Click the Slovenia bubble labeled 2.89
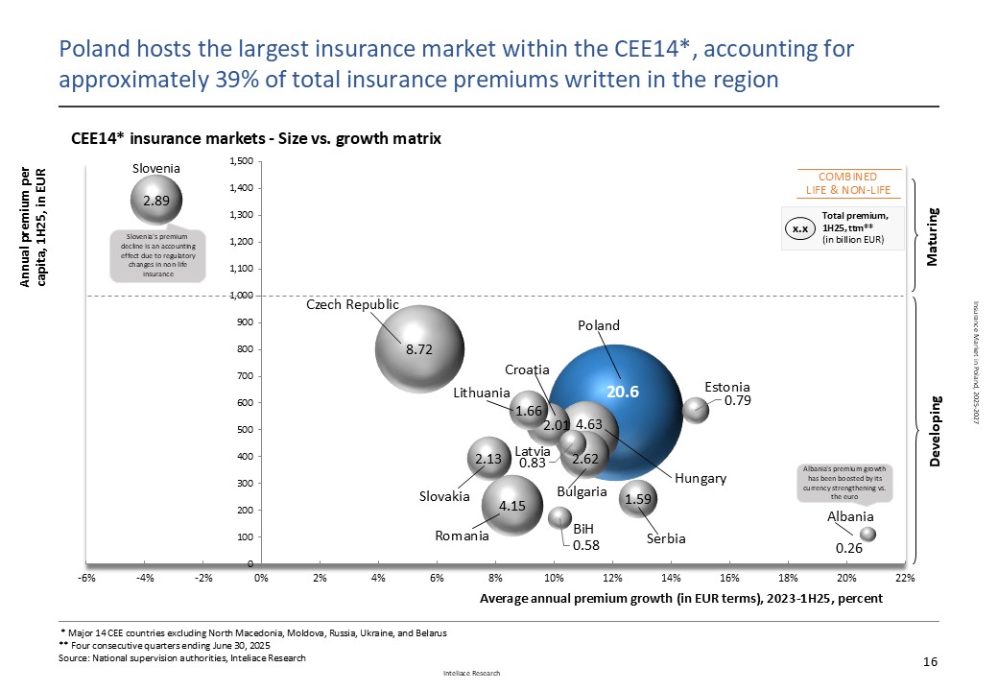pos(156,201)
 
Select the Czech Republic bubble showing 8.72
pos(419,349)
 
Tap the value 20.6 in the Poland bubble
pos(621,392)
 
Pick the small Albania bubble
pos(867,534)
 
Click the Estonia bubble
pos(695,410)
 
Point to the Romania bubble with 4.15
pos(518,505)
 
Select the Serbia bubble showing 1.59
pos(639,499)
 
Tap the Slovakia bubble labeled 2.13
pos(489,459)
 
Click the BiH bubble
pos(559,517)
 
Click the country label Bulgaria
pos(582,491)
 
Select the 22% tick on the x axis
pos(905,578)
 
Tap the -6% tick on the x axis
pos(85,578)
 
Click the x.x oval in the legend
pos(799,229)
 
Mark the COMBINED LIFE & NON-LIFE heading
pos(846,183)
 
